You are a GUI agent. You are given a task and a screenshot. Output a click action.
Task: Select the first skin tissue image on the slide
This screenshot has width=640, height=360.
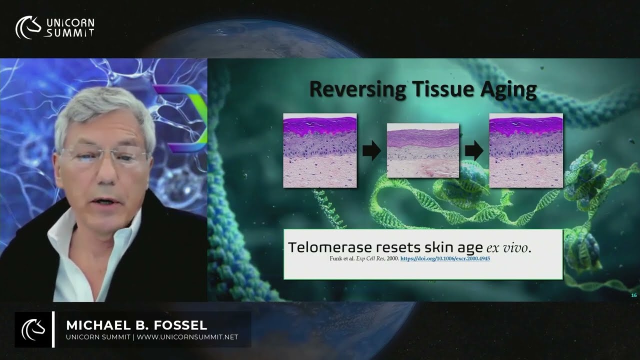320,150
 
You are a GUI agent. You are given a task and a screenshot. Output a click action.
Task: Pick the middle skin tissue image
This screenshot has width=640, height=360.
423,150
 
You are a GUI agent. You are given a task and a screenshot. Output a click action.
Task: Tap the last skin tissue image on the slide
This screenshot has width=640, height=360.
526,150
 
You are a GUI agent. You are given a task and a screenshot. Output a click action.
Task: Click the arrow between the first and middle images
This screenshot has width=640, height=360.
371,150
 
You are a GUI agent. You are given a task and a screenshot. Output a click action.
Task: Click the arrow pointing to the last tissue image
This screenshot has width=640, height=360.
474,150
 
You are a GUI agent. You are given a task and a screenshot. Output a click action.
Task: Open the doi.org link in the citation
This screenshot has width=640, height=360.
448,259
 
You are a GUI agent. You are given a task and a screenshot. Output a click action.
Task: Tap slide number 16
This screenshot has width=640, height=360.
633,295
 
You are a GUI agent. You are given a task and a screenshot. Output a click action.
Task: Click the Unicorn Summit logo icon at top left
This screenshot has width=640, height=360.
28,27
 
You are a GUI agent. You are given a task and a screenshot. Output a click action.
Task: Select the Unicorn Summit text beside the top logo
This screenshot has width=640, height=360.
70,27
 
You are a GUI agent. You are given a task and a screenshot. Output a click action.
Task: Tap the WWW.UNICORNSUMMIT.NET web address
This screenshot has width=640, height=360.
187,337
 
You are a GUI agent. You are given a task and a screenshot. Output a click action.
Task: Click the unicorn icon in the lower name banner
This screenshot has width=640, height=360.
33,329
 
